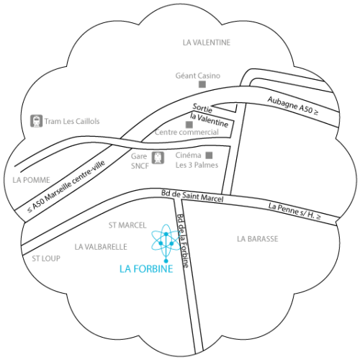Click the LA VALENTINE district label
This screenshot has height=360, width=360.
[x=207, y=42]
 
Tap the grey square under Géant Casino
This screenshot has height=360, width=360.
[x=202, y=84]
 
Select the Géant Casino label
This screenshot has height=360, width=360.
[x=198, y=76]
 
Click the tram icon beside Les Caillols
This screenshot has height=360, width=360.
[x=36, y=121]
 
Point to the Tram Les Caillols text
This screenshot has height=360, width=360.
[x=72, y=121]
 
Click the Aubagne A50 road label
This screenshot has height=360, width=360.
[x=293, y=105]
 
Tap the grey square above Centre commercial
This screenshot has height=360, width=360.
[x=189, y=125]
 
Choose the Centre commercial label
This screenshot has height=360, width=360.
[x=186, y=132]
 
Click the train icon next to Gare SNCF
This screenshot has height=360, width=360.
[x=158, y=158]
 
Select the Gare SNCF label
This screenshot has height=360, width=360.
[x=140, y=161]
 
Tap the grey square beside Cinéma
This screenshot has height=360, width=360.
[x=209, y=156]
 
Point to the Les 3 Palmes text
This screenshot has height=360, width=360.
[x=197, y=165]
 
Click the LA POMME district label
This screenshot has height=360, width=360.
[x=31, y=180]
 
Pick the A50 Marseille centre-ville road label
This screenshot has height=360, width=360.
[x=66, y=186]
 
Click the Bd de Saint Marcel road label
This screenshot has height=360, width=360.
[x=192, y=196]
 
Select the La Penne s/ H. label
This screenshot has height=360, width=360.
[x=294, y=211]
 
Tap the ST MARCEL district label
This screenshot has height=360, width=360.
[x=127, y=225]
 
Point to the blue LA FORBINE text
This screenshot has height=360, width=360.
[x=146, y=269]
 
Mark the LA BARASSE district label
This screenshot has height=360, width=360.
[x=258, y=239]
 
